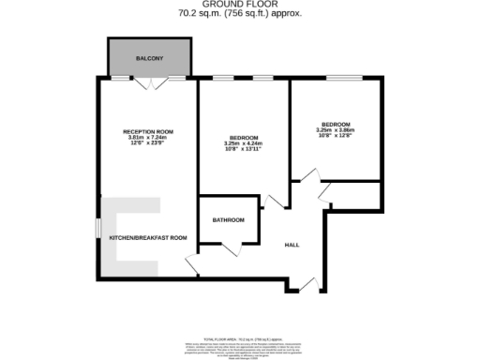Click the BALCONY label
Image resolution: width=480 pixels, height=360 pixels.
point(150,58)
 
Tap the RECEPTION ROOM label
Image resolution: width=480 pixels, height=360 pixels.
point(147,130)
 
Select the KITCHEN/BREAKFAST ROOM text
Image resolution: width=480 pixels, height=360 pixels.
point(148,238)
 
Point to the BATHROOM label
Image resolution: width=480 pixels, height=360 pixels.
point(228,220)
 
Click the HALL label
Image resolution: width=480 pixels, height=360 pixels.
point(292,245)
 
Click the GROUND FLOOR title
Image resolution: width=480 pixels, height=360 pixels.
point(240,5)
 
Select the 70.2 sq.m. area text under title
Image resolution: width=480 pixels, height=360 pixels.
point(240,14)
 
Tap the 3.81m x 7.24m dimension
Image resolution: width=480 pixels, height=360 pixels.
point(147,138)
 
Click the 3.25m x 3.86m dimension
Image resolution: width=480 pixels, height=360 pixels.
point(336,130)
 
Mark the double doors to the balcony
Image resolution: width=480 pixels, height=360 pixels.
point(150,84)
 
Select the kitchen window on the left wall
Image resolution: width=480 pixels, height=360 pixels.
point(98,231)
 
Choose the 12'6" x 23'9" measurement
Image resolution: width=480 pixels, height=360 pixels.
point(147,144)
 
